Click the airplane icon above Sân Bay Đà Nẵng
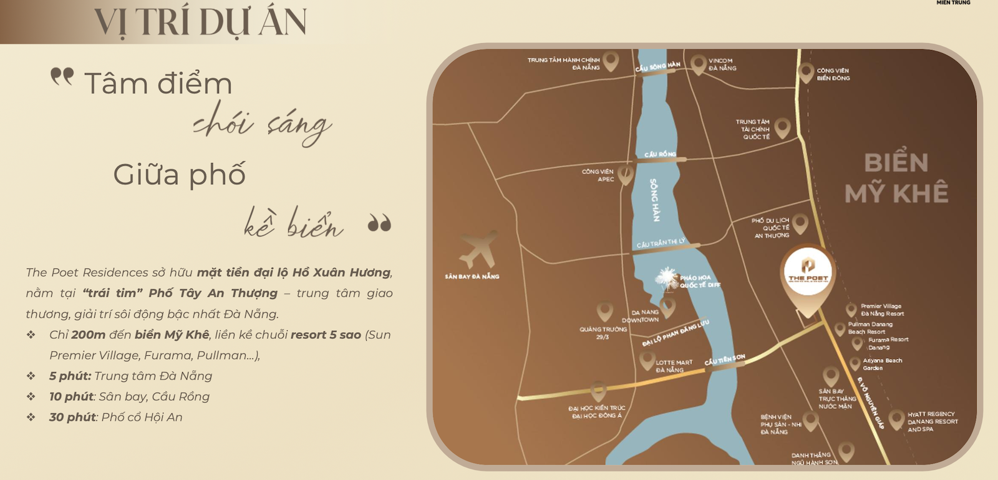pos(478,249)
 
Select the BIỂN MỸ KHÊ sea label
pos(896,179)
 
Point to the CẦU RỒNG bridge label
pos(660,154)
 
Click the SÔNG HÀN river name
pos(654,200)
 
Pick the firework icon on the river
pos(667,278)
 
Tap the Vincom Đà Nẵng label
pos(722,64)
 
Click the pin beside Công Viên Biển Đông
pos(806,72)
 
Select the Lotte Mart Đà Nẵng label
pos(674,366)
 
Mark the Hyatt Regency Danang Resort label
pos(932,421)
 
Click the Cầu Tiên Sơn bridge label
pos(725,360)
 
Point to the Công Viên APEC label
pos(598,175)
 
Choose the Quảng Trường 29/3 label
pos(603,333)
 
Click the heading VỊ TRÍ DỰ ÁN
pos(200,21)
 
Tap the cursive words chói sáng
pos(262,122)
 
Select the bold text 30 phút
pos(72,417)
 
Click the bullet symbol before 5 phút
pos(31,376)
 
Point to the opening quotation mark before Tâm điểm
pos(62,76)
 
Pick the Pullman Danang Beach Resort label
pos(870,328)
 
